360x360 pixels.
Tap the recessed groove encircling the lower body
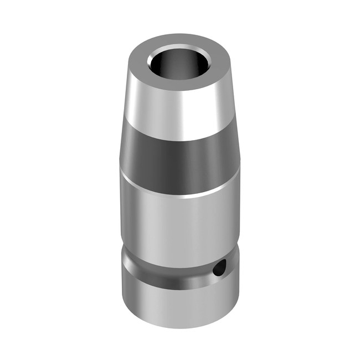pos(177,266)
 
